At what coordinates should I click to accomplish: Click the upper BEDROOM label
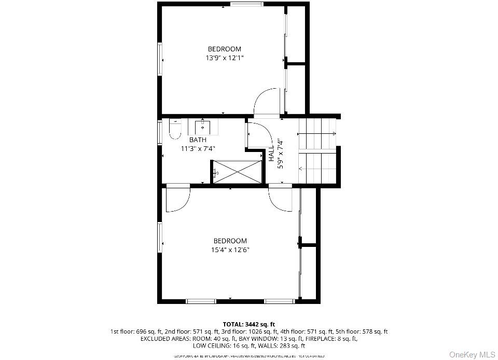pos(225,49)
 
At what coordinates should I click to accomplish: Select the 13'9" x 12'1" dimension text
pos(225,58)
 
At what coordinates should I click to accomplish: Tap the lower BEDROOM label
pos(230,241)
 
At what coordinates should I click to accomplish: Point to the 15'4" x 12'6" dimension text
pos(230,250)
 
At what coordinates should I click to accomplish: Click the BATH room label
pos(197,140)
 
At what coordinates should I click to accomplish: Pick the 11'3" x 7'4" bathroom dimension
pos(198,148)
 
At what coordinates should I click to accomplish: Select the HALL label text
pos(271,154)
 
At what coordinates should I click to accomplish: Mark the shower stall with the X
pos(238,171)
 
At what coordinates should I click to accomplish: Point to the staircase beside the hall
pos(319,150)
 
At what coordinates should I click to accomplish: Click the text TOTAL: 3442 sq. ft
pos(248,324)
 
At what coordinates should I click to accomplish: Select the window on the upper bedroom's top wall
pos(246,5)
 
